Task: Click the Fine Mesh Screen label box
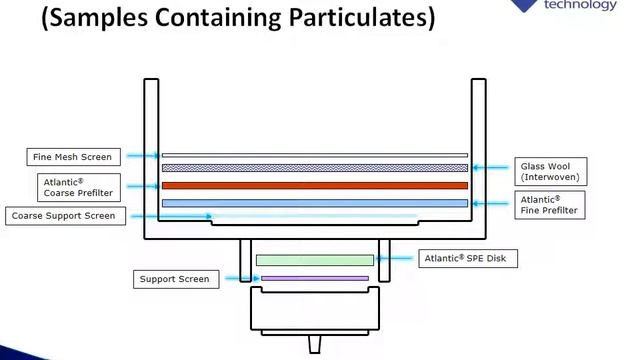pyautogui.click(x=73, y=156)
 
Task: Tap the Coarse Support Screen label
pyautogui.click(x=65, y=215)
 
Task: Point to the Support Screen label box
pyautogui.click(x=174, y=279)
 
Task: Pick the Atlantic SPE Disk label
pyautogui.click(x=468, y=259)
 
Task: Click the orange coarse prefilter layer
pyautogui.click(x=315, y=185)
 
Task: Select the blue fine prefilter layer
pyautogui.click(x=315, y=203)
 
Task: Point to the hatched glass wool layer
pyautogui.click(x=315, y=168)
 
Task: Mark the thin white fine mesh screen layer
pyautogui.click(x=315, y=155)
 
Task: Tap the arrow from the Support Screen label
pyautogui.click(x=232, y=279)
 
